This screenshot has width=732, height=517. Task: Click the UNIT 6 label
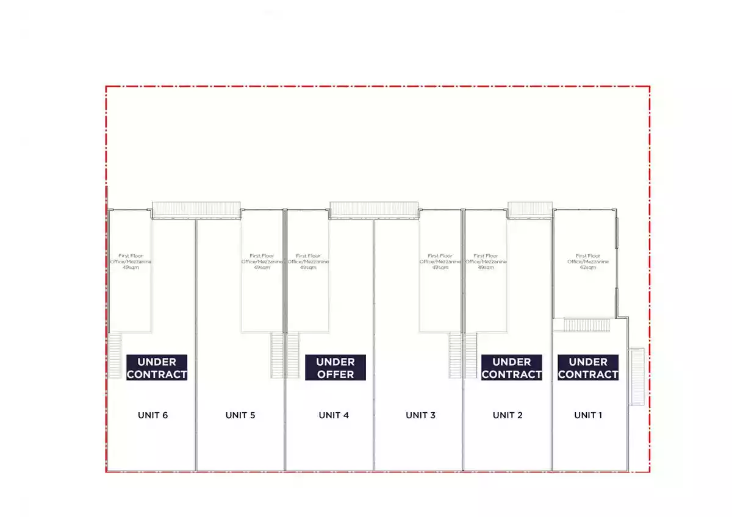click(152, 416)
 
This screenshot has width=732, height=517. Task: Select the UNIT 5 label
click(240, 416)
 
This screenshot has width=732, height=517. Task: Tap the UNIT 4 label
click(334, 416)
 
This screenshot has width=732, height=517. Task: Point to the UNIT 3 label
click(421, 416)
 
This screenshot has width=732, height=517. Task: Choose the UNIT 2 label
click(508, 416)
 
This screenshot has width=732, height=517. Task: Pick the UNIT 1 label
click(588, 416)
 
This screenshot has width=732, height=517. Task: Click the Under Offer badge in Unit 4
click(335, 368)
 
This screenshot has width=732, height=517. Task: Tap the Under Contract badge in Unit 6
click(157, 368)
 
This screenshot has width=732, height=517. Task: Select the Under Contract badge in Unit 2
click(512, 368)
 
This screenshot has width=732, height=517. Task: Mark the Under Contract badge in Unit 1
click(588, 368)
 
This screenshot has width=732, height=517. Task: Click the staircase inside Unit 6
click(115, 355)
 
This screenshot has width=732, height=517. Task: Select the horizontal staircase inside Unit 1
click(586, 325)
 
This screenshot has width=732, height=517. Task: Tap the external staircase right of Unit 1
click(637, 376)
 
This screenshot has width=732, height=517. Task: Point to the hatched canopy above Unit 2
click(530, 210)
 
